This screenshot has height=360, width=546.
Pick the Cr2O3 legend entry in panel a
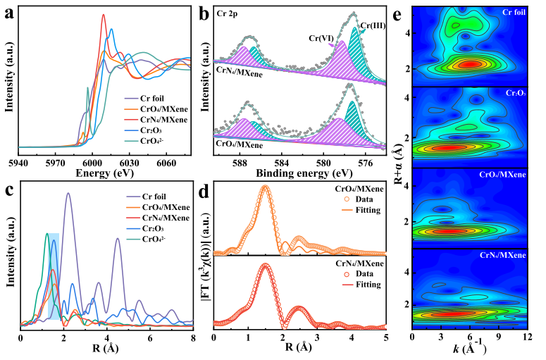click(147, 131)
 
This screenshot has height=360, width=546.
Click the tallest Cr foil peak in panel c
click(68, 194)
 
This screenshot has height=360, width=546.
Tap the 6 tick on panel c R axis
click(150, 338)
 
